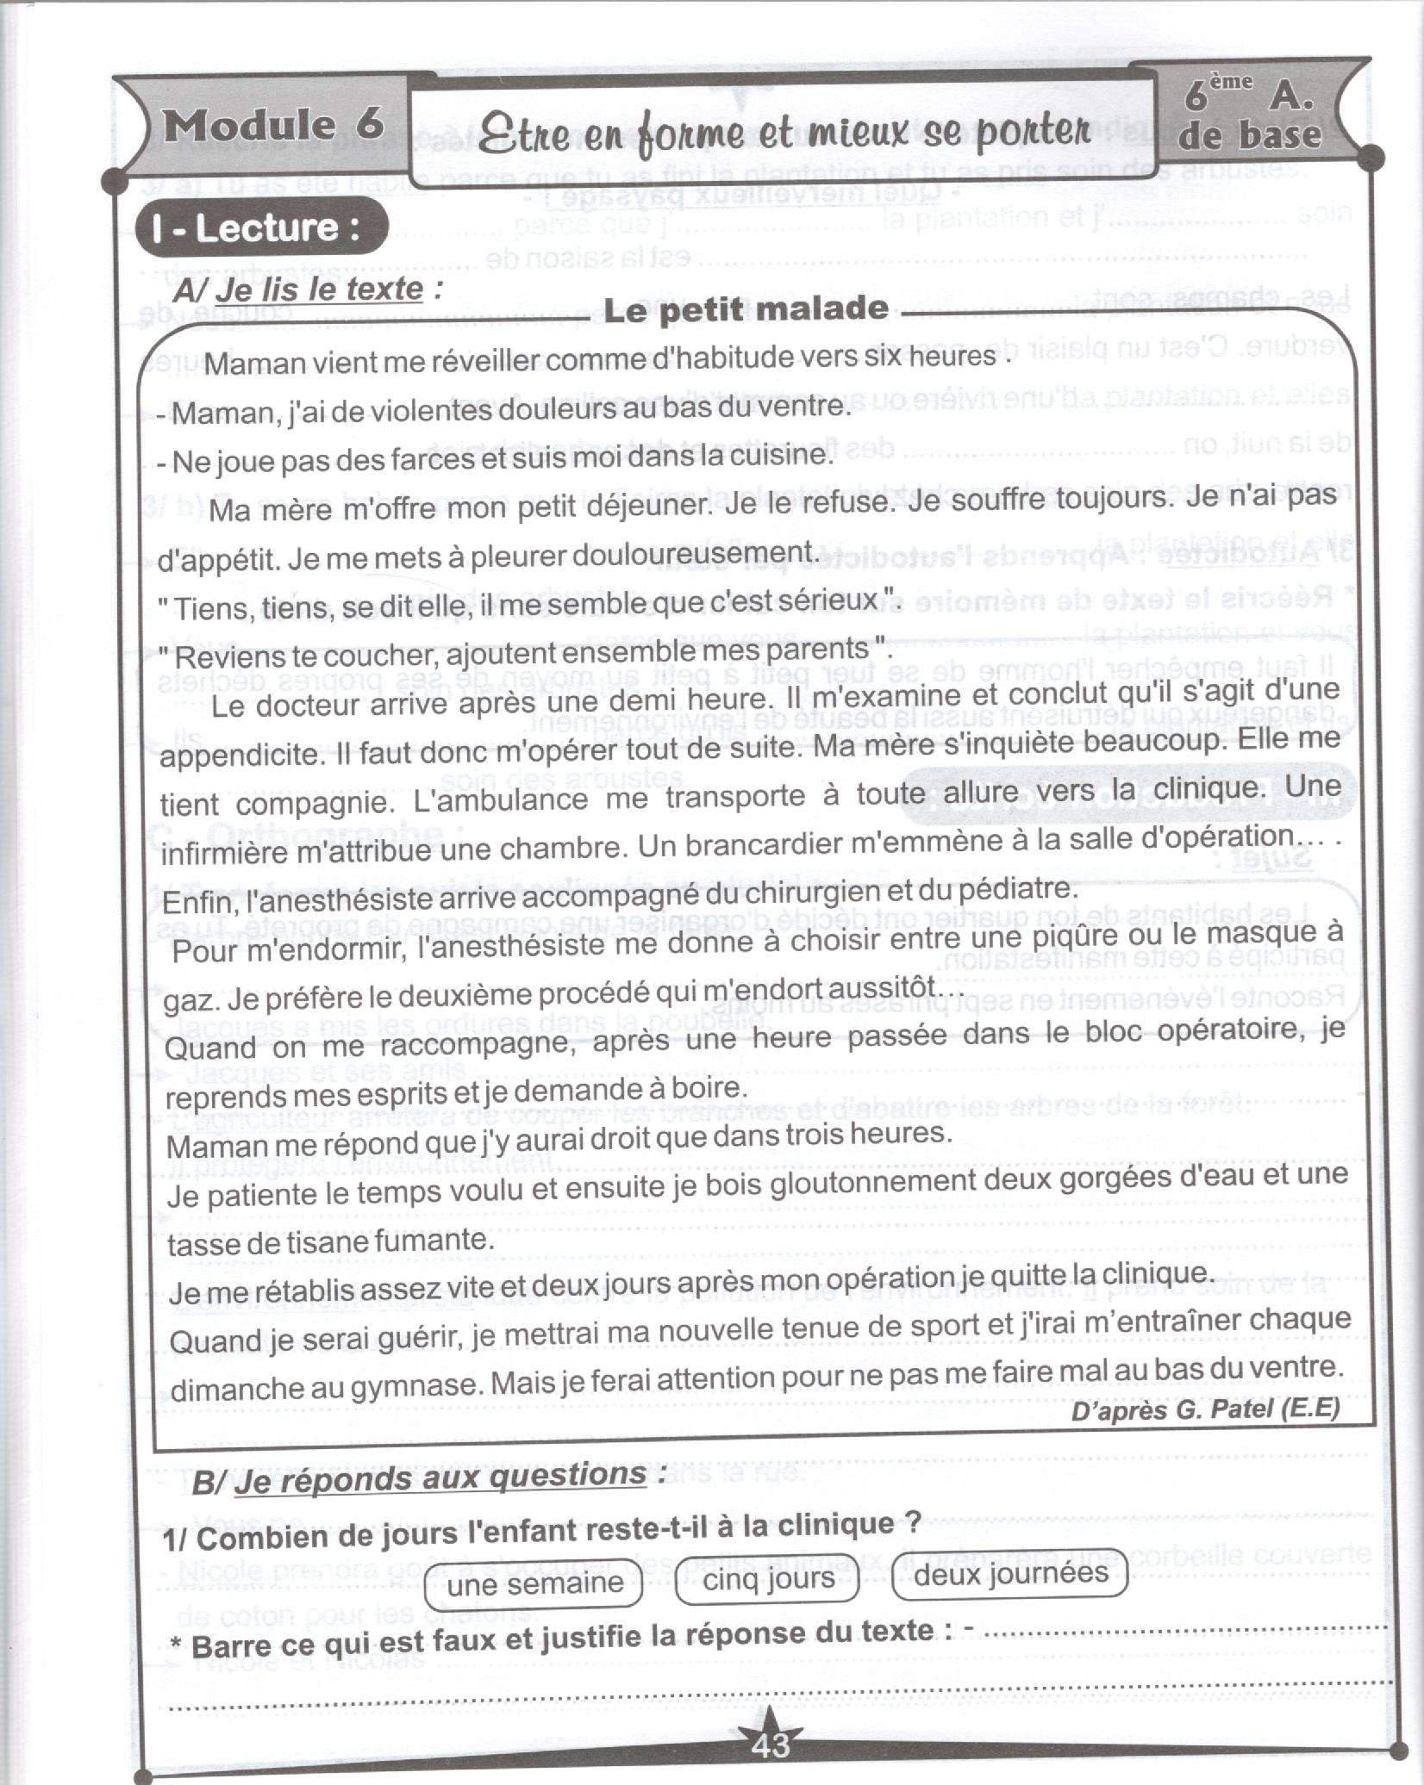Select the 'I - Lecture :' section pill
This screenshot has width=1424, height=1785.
(x=256, y=227)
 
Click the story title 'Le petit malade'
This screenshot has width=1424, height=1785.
(x=746, y=309)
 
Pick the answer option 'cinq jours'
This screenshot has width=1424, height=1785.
(x=768, y=1579)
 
